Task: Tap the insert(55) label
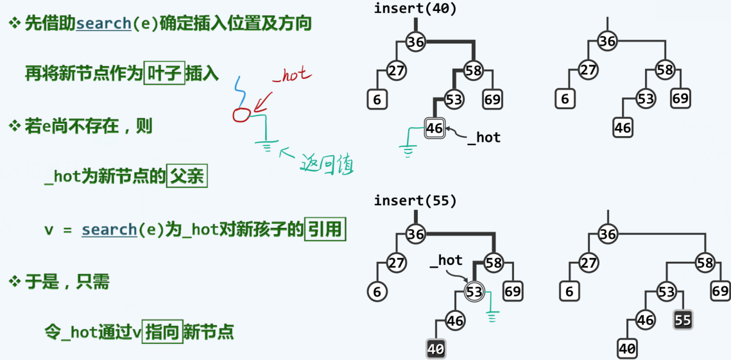click(x=415, y=201)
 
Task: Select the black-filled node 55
click(x=683, y=320)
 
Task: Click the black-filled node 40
click(x=436, y=349)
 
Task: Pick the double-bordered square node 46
click(x=434, y=128)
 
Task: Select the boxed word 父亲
click(x=187, y=176)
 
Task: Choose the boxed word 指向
click(x=162, y=332)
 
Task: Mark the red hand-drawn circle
click(x=241, y=115)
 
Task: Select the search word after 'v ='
click(x=109, y=230)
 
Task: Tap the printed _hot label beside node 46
click(x=483, y=137)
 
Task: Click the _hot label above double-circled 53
click(x=446, y=260)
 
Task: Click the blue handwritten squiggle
click(x=240, y=90)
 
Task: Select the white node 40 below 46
click(x=626, y=349)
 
